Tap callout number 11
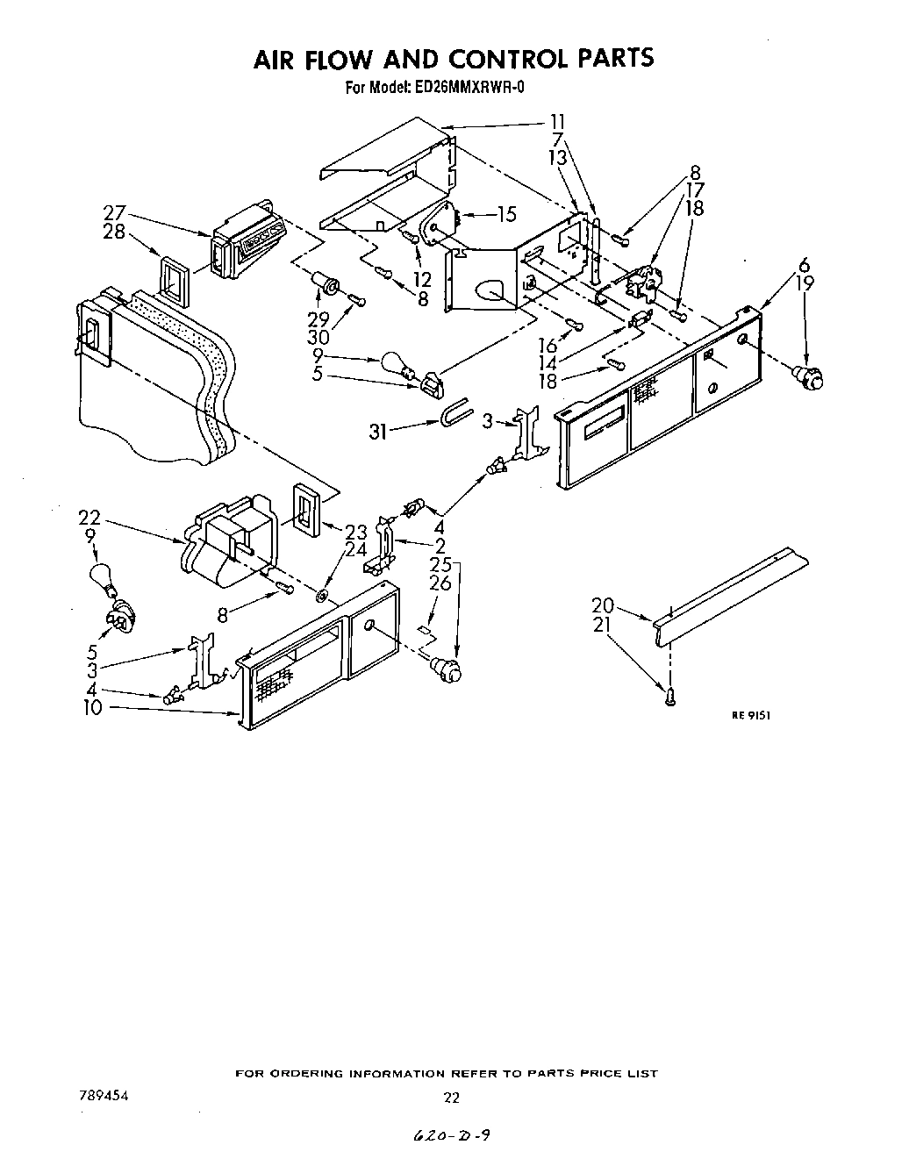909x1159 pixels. tap(557, 121)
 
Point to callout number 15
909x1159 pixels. tap(505, 213)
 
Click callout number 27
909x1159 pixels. tap(114, 212)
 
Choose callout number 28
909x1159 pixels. tap(114, 231)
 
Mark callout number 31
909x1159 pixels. tap(377, 431)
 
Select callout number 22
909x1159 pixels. tap(89, 518)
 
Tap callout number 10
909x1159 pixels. tap(92, 707)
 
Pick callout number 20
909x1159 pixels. tap(602, 606)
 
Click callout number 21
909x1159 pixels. tap(602, 625)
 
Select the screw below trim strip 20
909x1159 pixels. tap(670, 697)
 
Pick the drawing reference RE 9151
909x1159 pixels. tap(751, 715)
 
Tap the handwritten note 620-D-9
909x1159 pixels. tap(452, 1135)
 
